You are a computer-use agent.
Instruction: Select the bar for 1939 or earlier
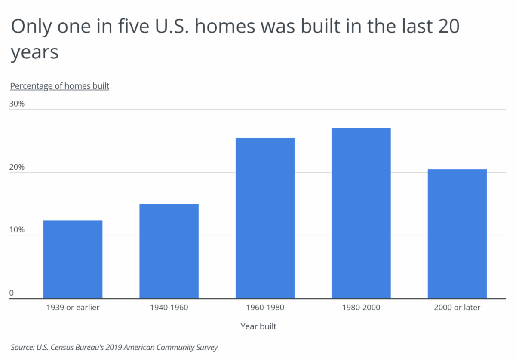(x=73, y=259)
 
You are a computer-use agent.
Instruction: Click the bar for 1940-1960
(x=169, y=251)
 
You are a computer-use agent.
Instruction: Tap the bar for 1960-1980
(x=265, y=218)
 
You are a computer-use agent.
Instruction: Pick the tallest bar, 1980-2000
(x=361, y=213)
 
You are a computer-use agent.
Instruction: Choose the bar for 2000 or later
(x=457, y=234)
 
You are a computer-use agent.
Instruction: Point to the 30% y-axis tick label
(x=18, y=104)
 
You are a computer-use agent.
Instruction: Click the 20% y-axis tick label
(x=18, y=167)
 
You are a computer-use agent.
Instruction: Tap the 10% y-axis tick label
(x=18, y=230)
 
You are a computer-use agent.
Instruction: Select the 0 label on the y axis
(x=12, y=293)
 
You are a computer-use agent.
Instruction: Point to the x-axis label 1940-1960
(x=169, y=308)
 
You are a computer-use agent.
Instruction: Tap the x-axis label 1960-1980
(x=265, y=308)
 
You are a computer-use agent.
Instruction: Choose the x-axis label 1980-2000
(x=361, y=308)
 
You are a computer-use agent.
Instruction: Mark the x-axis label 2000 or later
(x=457, y=308)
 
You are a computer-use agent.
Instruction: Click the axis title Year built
(x=258, y=326)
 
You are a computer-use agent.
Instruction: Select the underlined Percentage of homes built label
(x=60, y=86)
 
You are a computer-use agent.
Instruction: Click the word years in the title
(x=34, y=52)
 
